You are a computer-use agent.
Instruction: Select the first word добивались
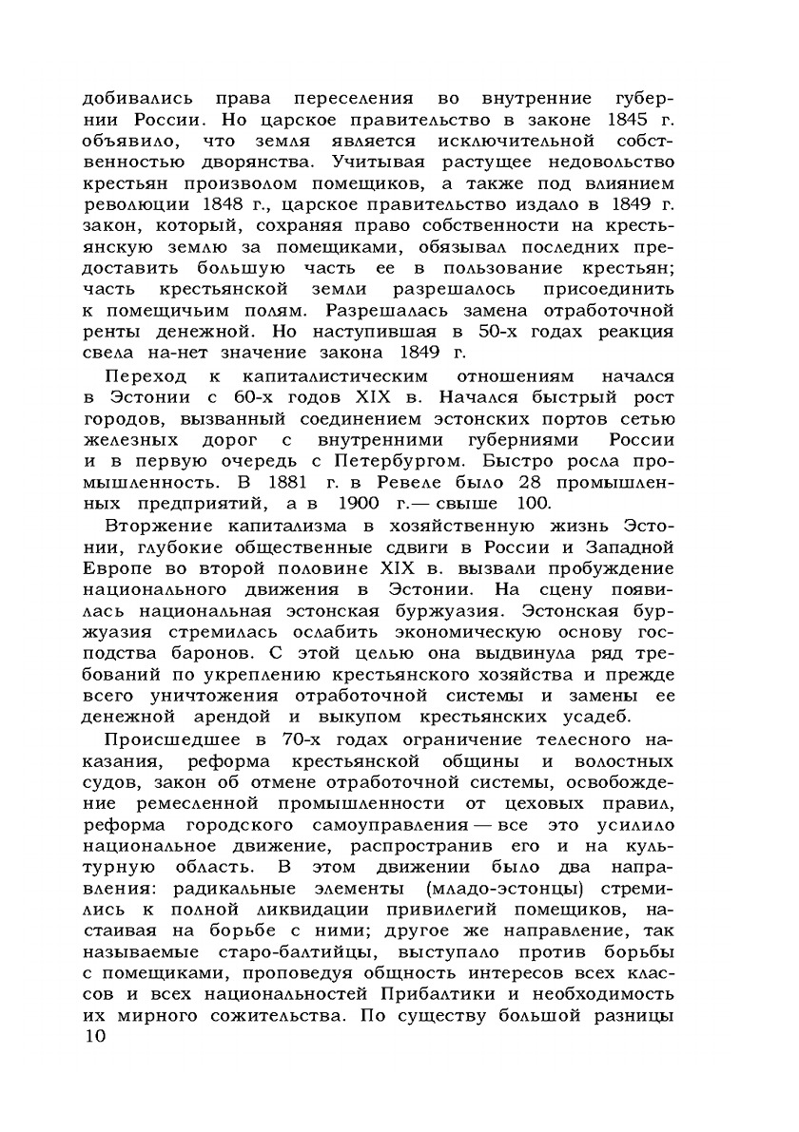138,98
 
